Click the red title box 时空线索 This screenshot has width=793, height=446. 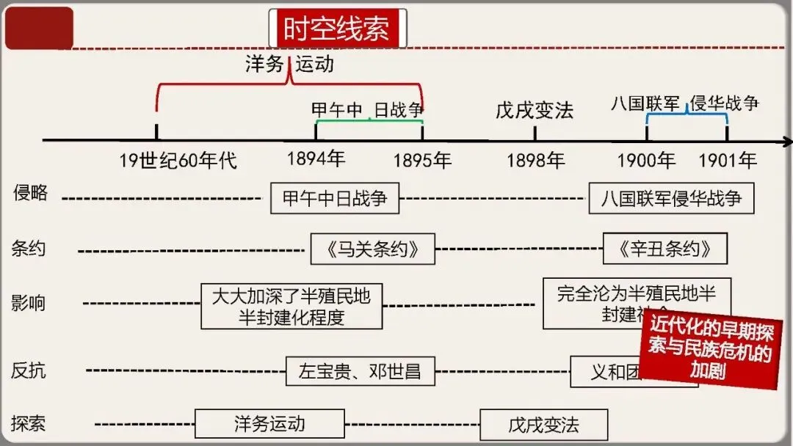[338, 29]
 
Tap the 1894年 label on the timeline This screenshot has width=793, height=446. [316, 159]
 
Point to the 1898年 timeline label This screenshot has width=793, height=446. [535, 160]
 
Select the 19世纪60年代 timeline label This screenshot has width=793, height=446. [178, 160]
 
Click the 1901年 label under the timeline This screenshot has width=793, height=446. [727, 160]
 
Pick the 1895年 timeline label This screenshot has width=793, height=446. [422, 160]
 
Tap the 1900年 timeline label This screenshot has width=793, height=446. [646, 160]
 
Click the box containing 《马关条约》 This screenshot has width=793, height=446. [372, 249]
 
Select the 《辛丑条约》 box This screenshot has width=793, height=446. [665, 249]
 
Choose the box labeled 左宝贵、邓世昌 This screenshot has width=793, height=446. [360, 371]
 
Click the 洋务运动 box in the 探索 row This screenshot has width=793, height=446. [269, 424]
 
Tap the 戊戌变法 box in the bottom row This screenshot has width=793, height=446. [543, 425]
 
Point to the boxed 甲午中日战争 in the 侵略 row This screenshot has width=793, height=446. [335, 198]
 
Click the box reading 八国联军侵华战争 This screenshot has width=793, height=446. [671, 198]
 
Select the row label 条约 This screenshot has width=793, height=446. [29, 248]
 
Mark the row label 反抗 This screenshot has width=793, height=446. [29, 370]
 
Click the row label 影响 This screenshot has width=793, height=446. [29, 302]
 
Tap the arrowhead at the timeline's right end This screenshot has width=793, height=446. [787, 141]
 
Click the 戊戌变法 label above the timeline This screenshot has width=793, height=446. [535, 111]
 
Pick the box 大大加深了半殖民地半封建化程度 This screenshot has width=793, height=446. [292, 307]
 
